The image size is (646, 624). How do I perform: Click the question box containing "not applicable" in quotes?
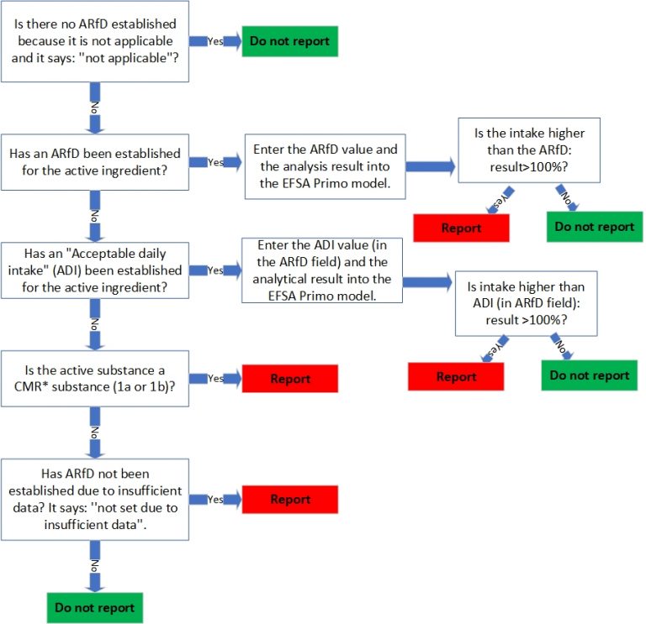pos(94,41)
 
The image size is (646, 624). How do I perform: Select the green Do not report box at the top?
pos(290,41)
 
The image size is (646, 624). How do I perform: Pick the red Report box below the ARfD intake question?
pos(461,228)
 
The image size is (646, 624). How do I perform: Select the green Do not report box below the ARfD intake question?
pos(594,227)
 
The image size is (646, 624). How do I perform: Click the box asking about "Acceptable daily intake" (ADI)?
pos(94,270)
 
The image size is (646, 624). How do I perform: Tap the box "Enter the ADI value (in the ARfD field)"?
pos(321,270)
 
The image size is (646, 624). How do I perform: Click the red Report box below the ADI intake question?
pos(456,376)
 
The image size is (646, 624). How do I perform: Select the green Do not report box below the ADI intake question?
pos(589,375)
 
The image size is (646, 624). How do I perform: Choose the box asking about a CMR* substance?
pos(94,378)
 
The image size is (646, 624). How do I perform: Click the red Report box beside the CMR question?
pos(290,379)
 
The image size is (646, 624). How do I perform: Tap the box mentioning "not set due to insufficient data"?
pos(94,499)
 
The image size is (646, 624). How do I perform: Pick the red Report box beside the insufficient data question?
pos(290,499)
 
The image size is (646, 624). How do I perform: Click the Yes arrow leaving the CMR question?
pos(215,379)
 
